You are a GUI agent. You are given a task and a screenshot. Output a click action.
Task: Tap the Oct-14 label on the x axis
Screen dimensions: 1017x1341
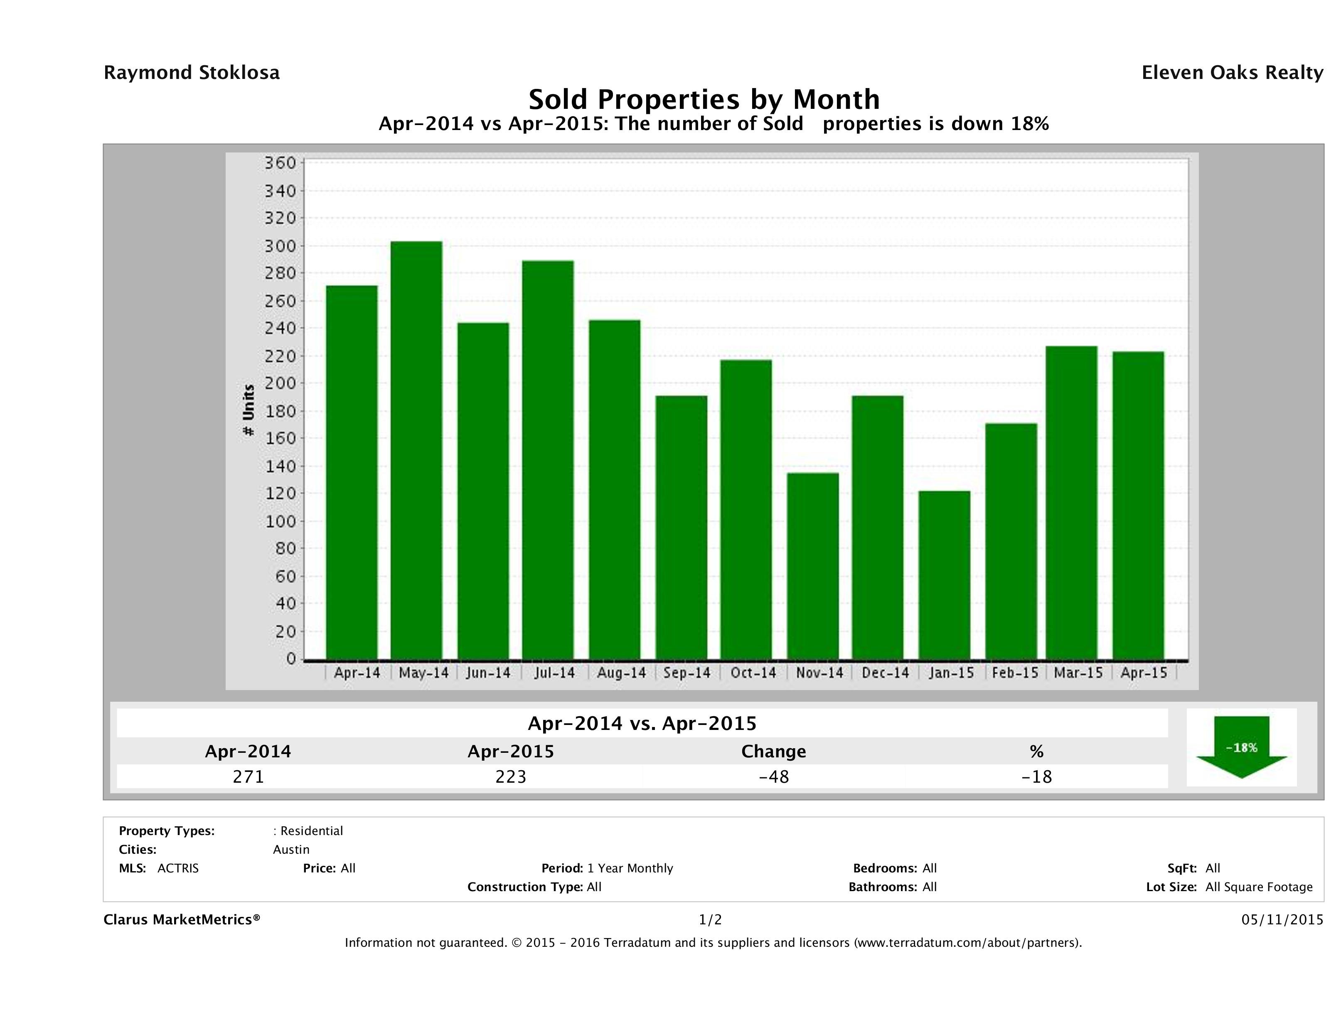tap(753, 673)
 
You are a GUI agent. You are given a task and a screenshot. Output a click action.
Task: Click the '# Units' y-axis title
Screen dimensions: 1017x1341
tap(248, 410)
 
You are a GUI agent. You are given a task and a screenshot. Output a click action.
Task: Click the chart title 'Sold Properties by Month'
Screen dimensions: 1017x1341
tap(704, 99)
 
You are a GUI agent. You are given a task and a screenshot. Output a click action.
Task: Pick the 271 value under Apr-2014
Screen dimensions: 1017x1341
tap(248, 776)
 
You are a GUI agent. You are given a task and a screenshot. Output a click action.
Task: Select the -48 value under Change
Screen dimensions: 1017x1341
tap(774, 776)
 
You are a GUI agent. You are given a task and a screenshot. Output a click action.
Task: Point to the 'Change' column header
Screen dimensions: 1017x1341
tap(774, 752)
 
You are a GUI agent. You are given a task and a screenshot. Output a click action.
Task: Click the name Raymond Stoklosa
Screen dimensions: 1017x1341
tap(192, 73)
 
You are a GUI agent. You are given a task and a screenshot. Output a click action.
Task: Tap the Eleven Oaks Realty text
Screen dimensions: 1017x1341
tap(1232, 73)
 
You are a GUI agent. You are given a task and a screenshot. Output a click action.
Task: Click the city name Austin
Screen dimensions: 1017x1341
tap(291, 850)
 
